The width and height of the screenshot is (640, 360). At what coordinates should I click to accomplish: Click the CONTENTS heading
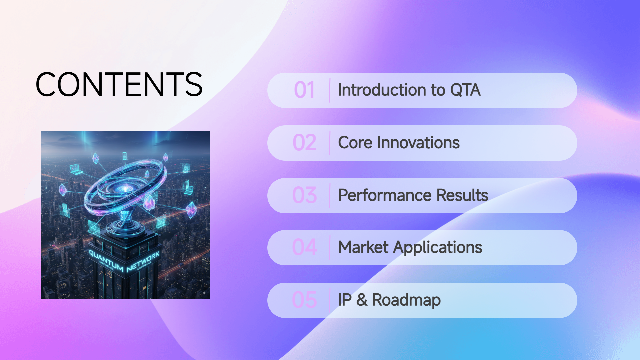[x=119, y=84]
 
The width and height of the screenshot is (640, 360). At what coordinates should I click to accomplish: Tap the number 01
[x=304, y=90]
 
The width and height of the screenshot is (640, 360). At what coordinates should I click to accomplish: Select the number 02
[x=304, y=143]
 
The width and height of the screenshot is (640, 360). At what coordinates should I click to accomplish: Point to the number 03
[x=304, y=196]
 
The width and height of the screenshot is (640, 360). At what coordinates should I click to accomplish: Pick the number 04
[x=304, y=248]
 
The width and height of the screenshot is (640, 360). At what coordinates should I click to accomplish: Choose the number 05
[x=304, y=300]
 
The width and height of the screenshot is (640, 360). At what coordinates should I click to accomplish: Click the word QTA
[x=465, y=90]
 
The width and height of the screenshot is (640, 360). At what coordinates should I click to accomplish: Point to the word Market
[x=363, y=248]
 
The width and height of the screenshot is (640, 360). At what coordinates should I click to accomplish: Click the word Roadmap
[x=406, y=300]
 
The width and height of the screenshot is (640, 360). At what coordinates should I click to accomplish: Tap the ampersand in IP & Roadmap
[x=362, y=300]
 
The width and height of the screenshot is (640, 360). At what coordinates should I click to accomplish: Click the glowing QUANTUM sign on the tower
[x=105, y=261]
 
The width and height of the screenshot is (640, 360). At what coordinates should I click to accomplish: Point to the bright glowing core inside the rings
[x=124, y=189]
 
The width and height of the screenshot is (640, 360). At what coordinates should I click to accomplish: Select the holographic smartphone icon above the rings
[x=124, y=156]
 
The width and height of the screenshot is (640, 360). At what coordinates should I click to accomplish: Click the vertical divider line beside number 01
[x=330, y=90]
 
